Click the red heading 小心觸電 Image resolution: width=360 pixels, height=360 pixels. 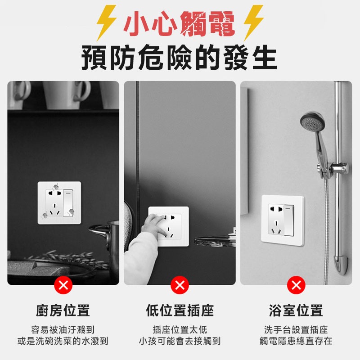point(180,22)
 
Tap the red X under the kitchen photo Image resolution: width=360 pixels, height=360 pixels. point(63,285)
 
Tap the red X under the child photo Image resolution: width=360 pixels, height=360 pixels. point(180,285)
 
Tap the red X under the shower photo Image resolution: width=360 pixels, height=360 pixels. point(296,285)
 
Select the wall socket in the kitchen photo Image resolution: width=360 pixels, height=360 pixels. point(59,203)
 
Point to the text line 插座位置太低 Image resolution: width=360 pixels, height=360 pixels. point(180,330)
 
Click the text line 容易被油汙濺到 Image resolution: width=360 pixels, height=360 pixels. point(63,330)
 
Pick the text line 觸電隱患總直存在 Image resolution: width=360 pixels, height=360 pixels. point(296,341)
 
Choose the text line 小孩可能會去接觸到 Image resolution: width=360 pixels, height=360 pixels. point(180,341)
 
